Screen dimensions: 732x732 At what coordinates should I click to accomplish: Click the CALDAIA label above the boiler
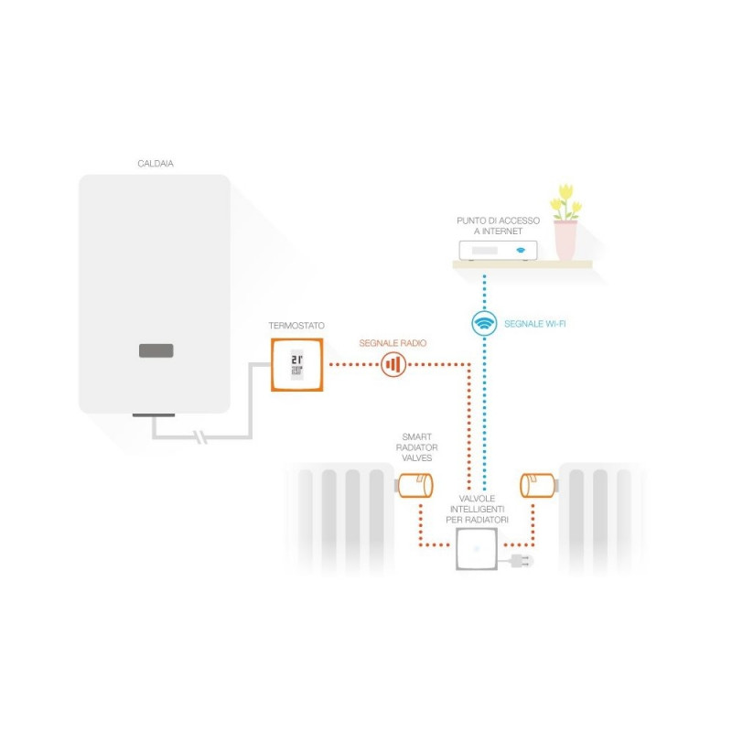(155, 164)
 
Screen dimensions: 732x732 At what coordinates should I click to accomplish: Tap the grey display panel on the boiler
(156, 350)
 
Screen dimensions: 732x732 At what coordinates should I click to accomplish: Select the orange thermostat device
(297, 365)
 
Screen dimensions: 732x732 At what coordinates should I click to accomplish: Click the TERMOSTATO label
(296, 326)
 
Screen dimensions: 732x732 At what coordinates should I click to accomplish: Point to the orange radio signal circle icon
(393, 365)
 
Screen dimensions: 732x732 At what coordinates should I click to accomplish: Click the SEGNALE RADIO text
(393, 343)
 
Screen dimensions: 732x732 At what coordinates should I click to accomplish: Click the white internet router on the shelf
(498, 250)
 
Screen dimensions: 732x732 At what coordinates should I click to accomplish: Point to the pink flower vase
(565, 240)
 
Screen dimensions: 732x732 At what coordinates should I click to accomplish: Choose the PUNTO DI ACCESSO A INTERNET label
(498, 226)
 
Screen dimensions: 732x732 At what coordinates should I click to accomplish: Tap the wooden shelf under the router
(522, 265)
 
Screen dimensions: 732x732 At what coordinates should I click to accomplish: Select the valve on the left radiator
(414, 486)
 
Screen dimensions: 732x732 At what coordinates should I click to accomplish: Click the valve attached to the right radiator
(537, 485)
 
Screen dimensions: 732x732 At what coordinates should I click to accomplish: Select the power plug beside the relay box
(520, 557)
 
